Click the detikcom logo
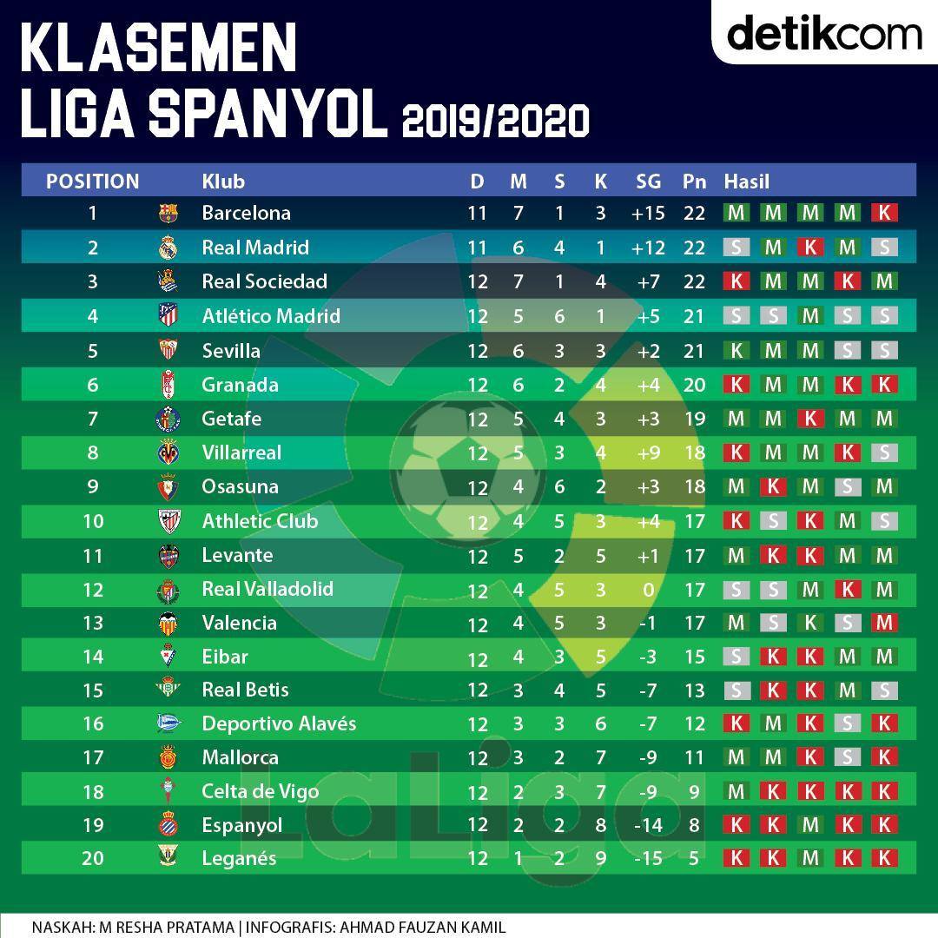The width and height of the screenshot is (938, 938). (x=824, y=33)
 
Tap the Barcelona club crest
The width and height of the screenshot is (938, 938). (x=168, y=213)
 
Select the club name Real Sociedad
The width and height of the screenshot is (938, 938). (x=264, y=281)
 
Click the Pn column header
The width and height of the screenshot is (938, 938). (x=694, y=182)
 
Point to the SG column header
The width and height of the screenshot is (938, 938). (x=649, y=182)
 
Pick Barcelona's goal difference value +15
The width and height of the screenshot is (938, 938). (x=648, y=213)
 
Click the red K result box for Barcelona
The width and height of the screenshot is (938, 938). (x=884, y=213)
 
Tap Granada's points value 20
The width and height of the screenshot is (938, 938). (x=694, y=385)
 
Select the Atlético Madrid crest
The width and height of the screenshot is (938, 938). (x=168, y=314)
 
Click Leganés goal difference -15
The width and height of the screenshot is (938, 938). (x=648, y=858)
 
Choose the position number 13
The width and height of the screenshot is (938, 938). (x=93, y=624)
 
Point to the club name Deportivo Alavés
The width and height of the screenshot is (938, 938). (x=279, y=723)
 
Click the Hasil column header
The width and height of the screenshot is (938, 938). (x=747, y=182)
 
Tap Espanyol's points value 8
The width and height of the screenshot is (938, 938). (x=694, y=826)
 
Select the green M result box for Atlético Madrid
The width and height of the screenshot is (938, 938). (x=810, y=316)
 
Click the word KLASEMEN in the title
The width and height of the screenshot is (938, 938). (x=159, y=48)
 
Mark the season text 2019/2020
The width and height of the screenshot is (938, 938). (x=496, y=121)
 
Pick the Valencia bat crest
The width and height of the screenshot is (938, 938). (x=168, y=624)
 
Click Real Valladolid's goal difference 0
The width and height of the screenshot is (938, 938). (x=649, y=591)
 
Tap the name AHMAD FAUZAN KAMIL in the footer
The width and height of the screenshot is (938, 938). (x=423, y=928)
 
